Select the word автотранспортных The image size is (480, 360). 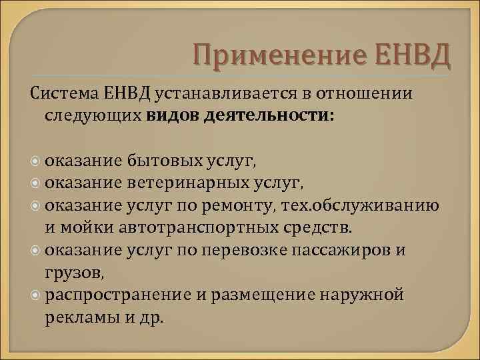click(x=195, y=227)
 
